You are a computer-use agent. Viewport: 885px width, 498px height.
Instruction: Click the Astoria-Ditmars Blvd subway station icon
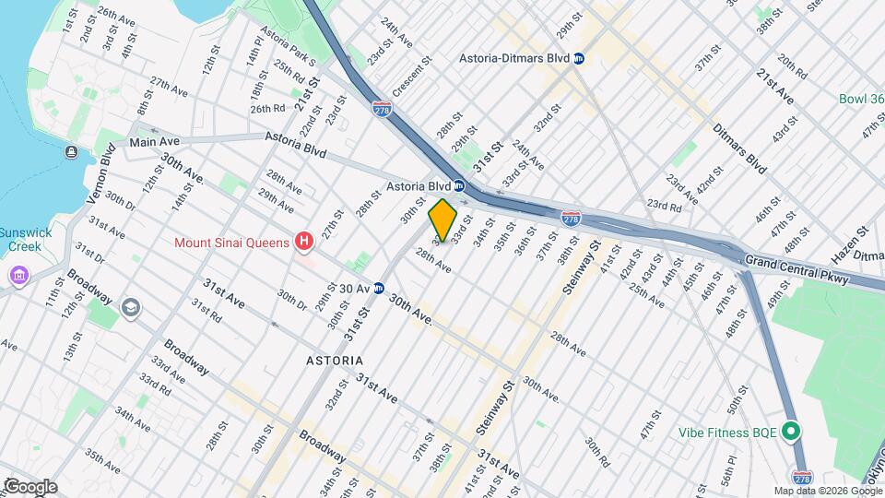(578, 58)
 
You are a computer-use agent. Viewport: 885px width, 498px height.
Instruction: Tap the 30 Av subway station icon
(378, 289)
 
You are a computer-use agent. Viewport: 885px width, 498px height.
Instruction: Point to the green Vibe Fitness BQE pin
(789, 431)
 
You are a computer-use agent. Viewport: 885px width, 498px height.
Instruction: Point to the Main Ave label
(153, 142)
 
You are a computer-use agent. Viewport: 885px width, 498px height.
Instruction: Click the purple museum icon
(19, 276)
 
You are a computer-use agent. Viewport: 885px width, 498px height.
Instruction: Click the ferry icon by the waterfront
(71, 151)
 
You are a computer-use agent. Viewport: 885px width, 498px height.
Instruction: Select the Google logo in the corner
(30, 486)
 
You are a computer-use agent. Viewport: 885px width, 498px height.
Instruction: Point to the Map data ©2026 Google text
(827, 491)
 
